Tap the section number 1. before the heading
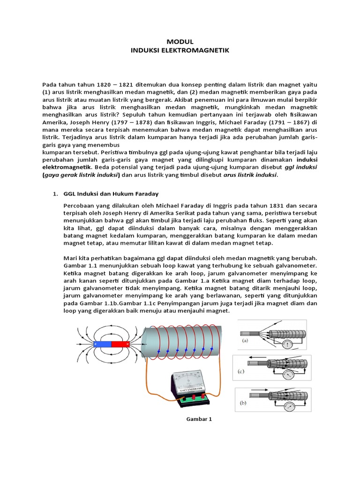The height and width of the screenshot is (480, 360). click(x=54, y=193)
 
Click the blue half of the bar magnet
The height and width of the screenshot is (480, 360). click(x=103, y=344)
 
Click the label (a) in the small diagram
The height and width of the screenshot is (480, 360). click(x=244, y=342)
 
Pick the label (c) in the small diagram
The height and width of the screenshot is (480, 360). click(x=241, y=371)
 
